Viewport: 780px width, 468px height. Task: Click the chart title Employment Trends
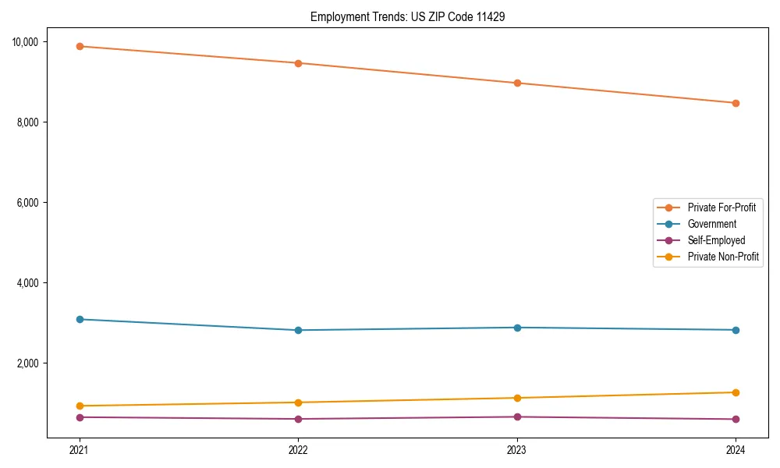click(407, 16)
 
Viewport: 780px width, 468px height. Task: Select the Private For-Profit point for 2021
click(79, 46)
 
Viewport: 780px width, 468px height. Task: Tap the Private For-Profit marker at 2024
click(736, 103)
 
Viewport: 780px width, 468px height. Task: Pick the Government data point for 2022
click(298, 330)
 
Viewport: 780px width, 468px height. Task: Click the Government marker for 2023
click(517, 328)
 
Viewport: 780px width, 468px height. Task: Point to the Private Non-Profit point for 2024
click(736, 392)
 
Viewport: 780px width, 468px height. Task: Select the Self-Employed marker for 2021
click(79, 417)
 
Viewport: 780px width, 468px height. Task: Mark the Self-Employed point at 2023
click(517, 417)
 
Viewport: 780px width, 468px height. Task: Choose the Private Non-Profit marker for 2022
click(298, 402)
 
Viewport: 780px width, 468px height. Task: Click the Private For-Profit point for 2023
click(517, 83)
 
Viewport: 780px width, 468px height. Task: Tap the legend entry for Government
click(711, 224)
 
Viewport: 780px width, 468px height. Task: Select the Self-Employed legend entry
click(716, 240)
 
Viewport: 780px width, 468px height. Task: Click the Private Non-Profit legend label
click(723, 257)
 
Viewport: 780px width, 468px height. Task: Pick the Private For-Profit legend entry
click(721, 207)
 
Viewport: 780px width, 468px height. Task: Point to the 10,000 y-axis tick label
click(30, 41)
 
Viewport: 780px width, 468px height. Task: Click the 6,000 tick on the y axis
click(33, 203)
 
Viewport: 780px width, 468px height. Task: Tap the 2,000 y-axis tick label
click(33, 363)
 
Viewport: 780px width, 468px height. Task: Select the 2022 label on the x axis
click(298, 449)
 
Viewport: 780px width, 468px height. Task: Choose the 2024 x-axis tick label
click(736, 449)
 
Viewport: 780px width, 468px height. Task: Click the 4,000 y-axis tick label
click(33, 283)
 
